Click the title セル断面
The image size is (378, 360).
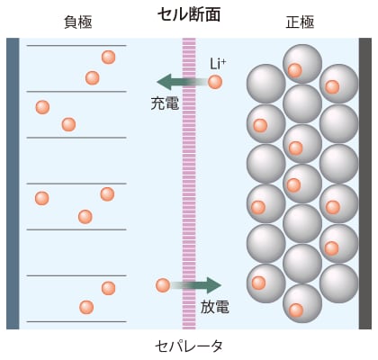189,14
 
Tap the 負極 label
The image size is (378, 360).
78,22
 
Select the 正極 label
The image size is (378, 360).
300,22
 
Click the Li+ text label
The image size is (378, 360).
218,64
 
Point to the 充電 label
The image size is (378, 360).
165,103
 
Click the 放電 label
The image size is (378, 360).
215,307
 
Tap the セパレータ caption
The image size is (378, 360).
189,346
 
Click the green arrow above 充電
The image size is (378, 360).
183,82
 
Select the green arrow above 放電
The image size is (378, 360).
196,285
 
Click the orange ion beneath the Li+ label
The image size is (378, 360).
215,82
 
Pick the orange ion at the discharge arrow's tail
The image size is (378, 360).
163,285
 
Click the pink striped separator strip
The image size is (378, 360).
189,184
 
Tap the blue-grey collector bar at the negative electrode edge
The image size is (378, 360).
13,184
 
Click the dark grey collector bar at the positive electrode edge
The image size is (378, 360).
365,184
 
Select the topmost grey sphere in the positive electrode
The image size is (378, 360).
302,64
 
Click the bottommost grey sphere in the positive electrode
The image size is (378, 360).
302,303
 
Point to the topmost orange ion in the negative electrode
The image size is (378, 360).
108,57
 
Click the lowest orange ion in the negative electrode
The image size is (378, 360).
86,307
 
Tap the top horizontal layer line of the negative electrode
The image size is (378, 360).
76,46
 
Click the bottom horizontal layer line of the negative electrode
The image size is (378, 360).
76,321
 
